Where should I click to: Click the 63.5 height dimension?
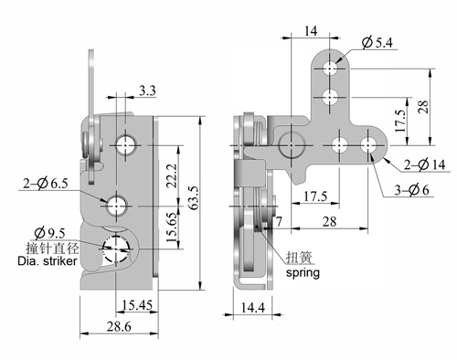point(194,197)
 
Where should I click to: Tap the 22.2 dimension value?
point(172,175)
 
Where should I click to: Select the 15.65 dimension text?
point(172,228)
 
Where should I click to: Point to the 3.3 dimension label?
point(147,90)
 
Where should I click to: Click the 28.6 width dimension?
point(119,326)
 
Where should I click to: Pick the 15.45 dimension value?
point(137,305)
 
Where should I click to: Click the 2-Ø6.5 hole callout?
point(46,184)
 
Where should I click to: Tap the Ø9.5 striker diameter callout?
point(49,233)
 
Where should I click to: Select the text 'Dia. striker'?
point(48,261)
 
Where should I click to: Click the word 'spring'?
point(303,272)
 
